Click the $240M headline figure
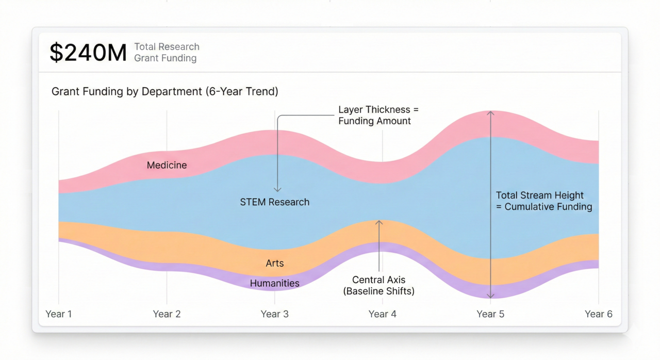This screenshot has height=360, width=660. [88, 53]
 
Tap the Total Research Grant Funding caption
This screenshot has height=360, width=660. [166, 53]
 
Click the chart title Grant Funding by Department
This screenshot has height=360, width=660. [165, 92]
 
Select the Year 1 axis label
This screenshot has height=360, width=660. [59, 314]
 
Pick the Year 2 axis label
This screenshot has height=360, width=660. [167, 314]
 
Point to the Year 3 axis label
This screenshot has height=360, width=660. [274, 314]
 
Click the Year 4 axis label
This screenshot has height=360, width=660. [382, 314]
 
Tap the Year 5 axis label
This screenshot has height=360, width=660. [490, 314]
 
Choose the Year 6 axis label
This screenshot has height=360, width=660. [598, 314]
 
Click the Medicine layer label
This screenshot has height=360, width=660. [167, 166]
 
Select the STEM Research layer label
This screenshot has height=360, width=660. [275, 202]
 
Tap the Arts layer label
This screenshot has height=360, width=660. [275, 264]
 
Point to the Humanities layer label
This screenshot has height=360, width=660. [275, 283]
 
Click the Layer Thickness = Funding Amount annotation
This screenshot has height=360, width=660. [374, 116]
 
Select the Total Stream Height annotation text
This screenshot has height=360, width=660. [544, 201]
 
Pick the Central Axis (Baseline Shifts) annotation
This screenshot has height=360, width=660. [379, 285]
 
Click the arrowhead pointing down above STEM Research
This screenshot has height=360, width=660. [277, 189]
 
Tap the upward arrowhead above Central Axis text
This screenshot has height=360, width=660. [379, 223]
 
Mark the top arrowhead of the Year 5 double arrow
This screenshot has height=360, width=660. [491, 113]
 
